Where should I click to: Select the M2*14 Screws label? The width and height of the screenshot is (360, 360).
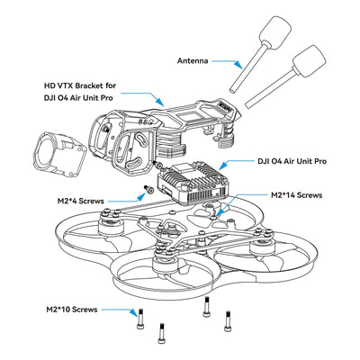(297, 194)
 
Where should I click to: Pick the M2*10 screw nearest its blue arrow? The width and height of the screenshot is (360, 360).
(140, 316)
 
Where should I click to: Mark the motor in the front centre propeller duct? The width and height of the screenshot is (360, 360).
(166, 260)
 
